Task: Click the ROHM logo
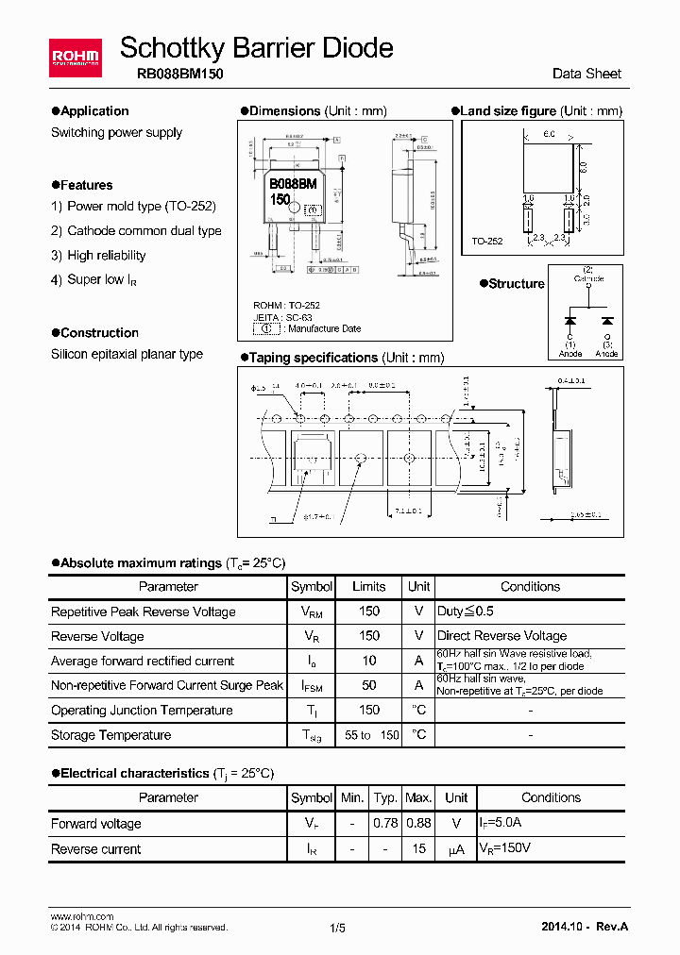75,59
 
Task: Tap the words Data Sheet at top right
586,74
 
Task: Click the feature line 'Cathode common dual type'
144,230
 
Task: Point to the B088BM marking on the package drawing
293,185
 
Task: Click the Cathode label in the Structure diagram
588,278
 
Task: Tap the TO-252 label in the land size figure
487,242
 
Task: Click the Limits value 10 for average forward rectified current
368,661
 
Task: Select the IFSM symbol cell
312,686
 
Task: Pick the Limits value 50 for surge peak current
368,685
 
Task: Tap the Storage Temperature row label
110,734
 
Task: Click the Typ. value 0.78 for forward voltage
385,823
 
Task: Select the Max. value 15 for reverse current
418,848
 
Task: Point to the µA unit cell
456,849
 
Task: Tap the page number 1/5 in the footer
338,928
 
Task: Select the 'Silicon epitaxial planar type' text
127,354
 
